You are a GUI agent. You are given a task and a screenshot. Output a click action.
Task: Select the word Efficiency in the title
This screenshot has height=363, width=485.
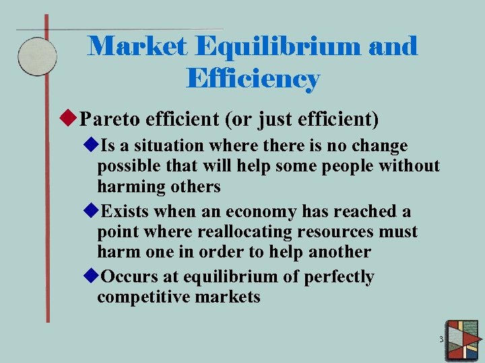(x=253, y=79)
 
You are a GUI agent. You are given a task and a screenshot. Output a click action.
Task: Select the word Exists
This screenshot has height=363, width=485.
(x=125, y=212)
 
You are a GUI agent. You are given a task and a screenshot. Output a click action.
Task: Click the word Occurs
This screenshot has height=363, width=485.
(x=128, y=277)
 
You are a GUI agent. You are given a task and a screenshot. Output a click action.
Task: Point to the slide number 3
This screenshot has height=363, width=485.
(x=441, y=339)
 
